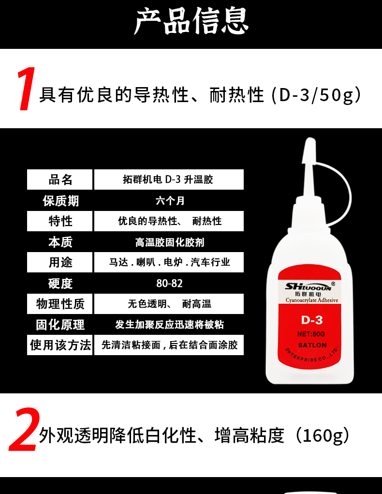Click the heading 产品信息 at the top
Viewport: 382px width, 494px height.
pyautogui.click(x=191, y=21)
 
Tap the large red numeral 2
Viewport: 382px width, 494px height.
pyautogui.click(x=24, y=430)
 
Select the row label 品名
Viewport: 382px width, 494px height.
pyautogui.click(x=60, y=180)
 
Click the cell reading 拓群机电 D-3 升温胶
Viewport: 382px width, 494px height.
pyautogui.click(x=168, y=180)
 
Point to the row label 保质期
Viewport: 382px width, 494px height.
pyautogui.click(x=60, y=201)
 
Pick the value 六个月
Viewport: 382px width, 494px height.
pyautogui.click(x=170, y=201)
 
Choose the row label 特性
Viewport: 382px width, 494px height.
pyautogui.click(x=60, y=221)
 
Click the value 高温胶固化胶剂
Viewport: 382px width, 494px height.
pyautogui.click(x=170, y=242)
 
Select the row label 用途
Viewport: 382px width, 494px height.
pyautogui.click(x=60, y=262)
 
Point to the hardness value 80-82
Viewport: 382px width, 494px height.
pyautogui.click(x=169, y=283)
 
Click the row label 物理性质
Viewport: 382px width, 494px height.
pyautogui.click(x=60, y=304)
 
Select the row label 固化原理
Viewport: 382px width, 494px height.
pyautogui.click(x=60, y=325)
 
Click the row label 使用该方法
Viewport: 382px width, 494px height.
pyautogui.click(x=60, y=345)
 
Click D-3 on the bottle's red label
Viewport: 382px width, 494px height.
pyautogui.click(x=312, y=320)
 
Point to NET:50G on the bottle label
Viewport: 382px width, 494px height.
pyautogui.click(x=311, y=334)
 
